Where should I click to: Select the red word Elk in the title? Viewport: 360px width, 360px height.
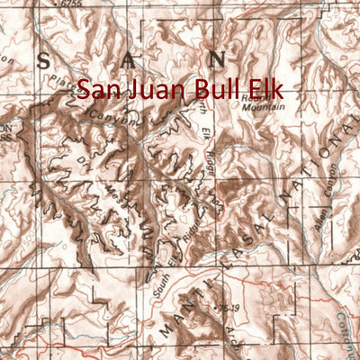point(267,90)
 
